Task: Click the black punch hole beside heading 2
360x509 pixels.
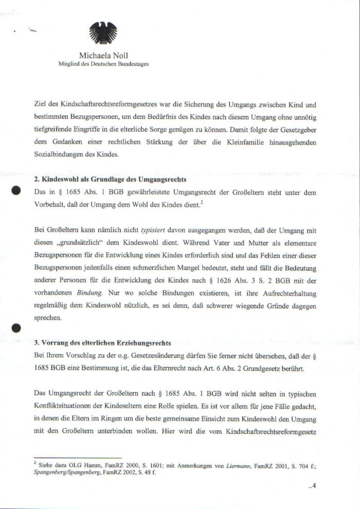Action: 16,190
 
